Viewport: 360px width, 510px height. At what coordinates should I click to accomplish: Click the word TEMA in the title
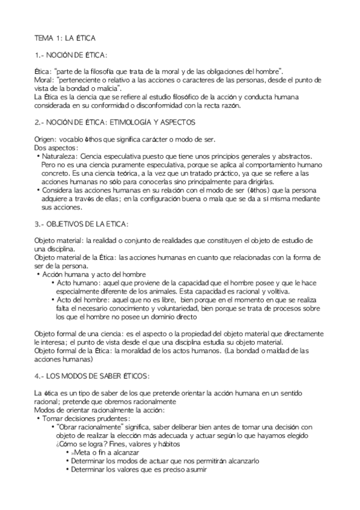pos(44,38)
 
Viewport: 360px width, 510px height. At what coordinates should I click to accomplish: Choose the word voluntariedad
pos(171,308)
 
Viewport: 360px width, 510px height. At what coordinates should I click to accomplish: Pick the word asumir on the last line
pos(191,469)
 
